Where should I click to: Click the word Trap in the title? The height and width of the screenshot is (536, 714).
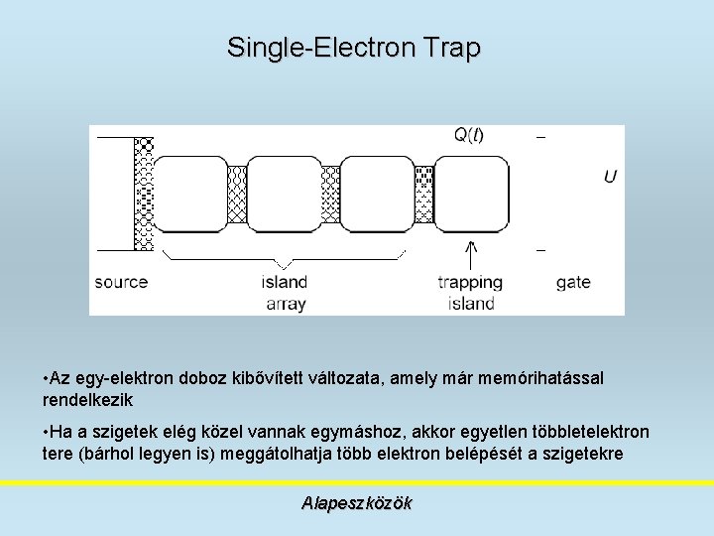point(451,47)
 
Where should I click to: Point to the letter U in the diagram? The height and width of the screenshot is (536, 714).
point(610,177)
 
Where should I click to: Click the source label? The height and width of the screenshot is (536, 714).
point(121,282)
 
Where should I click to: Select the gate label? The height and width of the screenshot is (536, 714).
point(573,282)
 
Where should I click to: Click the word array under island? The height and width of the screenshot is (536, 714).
point(286,304)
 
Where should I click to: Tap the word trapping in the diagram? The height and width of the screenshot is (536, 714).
point(470,282)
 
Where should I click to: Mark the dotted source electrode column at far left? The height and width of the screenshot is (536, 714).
point(144,194)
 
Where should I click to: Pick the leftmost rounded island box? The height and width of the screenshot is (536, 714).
point(191,194)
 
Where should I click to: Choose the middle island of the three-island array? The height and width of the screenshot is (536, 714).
point(285,194)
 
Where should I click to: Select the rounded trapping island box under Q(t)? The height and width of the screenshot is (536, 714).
point(471,194)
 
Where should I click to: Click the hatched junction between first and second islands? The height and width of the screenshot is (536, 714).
point(237,194)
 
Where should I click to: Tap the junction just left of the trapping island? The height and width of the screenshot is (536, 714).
point(423,194)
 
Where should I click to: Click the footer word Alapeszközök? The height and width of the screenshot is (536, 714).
point(356,503)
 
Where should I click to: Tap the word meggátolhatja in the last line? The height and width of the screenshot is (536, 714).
point(261,454)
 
